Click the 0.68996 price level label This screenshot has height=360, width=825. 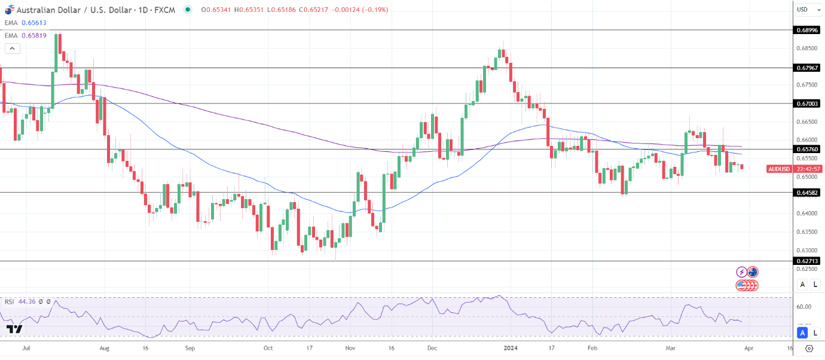[807, 29]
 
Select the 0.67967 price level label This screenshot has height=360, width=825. [807, 68]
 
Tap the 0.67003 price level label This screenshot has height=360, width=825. [807, 103]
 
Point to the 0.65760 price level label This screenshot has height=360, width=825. [807, 149]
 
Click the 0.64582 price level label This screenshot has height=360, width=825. [807, 193]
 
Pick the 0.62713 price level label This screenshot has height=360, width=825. [807, 261]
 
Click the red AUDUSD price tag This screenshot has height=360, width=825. [778, 169]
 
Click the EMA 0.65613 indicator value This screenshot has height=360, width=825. [34, 23]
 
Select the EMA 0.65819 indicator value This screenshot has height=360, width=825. [34, 35]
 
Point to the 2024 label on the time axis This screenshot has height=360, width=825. [510, 347]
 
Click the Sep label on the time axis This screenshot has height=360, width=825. [190, 347]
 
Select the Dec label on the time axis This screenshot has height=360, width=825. [432, 347]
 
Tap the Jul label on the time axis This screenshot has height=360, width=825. [26, 347]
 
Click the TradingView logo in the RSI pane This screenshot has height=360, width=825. [14, 329]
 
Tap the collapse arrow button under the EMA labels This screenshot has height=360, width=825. [12, 48]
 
